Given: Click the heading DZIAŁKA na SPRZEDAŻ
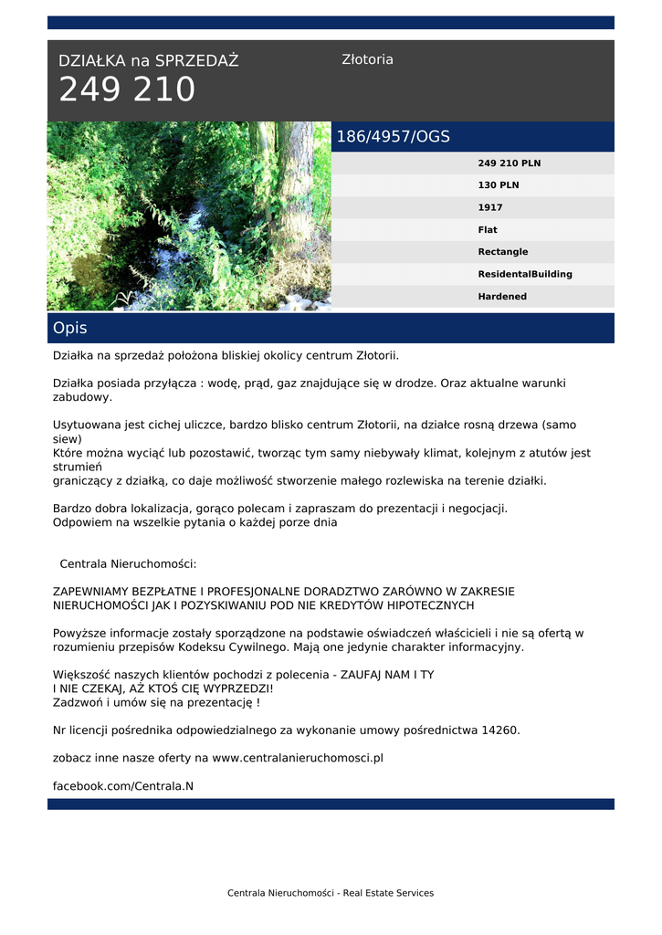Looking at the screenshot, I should (148, 61).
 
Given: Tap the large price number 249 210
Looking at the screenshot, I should (127, 90).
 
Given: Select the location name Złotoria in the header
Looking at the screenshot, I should (367, 59).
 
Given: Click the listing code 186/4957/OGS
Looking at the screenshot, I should (393, 137).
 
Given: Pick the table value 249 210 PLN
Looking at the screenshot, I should (509, 163).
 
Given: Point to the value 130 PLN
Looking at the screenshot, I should (498, 185).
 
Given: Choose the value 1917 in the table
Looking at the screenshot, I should (490, 207).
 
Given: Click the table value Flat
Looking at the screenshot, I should (488, 230).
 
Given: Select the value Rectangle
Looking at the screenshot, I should (502, 252).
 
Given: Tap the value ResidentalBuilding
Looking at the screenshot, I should (525, 274).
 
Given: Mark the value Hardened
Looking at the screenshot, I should (502, 297).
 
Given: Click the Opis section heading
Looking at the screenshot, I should (70, 328).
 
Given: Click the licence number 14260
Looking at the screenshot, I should (499, 730).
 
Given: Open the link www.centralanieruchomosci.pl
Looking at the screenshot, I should (298, 758).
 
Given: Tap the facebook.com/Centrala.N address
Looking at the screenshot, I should (123, 786).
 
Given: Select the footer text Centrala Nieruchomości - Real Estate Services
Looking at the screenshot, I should (331, 893).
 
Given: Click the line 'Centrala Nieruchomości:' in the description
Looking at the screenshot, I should (128, 564).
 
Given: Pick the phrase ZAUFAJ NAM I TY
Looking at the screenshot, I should (387, 675).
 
